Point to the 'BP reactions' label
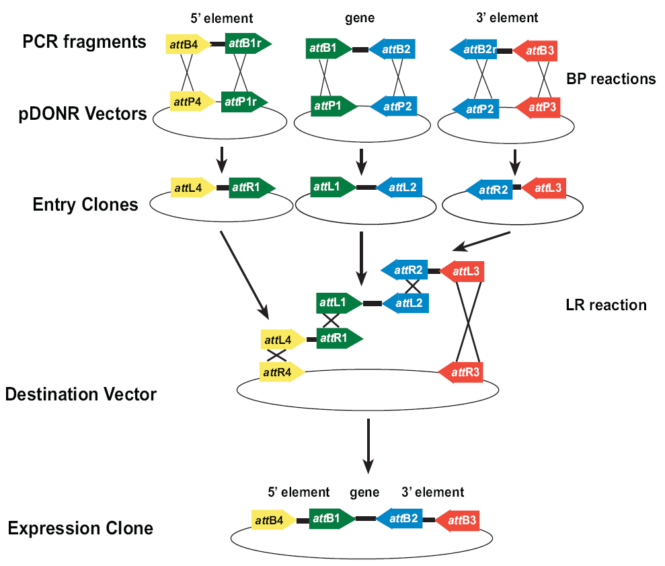coord(611,79)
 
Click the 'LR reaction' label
coord(606,305)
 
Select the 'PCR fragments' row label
coord(84,42)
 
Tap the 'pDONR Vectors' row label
coord(83,114)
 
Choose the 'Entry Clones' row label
coord(85,204)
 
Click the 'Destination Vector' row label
coord(81,394)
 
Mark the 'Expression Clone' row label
coord(81,528)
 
